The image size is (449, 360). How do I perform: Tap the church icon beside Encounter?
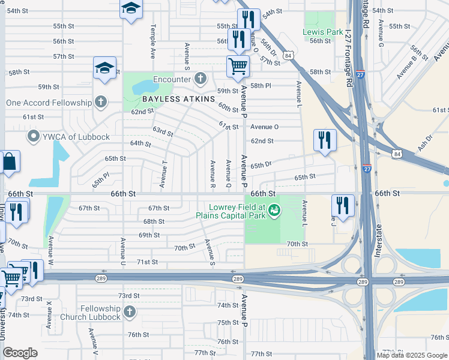(200, 79)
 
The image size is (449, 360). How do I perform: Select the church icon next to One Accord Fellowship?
(101, 102)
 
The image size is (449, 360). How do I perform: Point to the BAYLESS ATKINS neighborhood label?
(178, 98)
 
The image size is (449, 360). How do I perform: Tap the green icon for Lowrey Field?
(274, 210)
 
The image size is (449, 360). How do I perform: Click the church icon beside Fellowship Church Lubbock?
(130, 311)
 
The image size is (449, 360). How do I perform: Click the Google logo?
(20, 353)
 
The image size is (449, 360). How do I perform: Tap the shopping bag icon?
(9, 162)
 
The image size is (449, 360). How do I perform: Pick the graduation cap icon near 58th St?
(104, 68)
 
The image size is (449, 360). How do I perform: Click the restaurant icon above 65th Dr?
(325, 140)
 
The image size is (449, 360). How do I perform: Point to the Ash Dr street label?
(424, 143)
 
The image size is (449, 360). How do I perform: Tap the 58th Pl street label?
(261, 86)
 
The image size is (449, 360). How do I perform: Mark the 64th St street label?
(140, 143)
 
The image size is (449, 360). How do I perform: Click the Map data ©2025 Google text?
(411, 355)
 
